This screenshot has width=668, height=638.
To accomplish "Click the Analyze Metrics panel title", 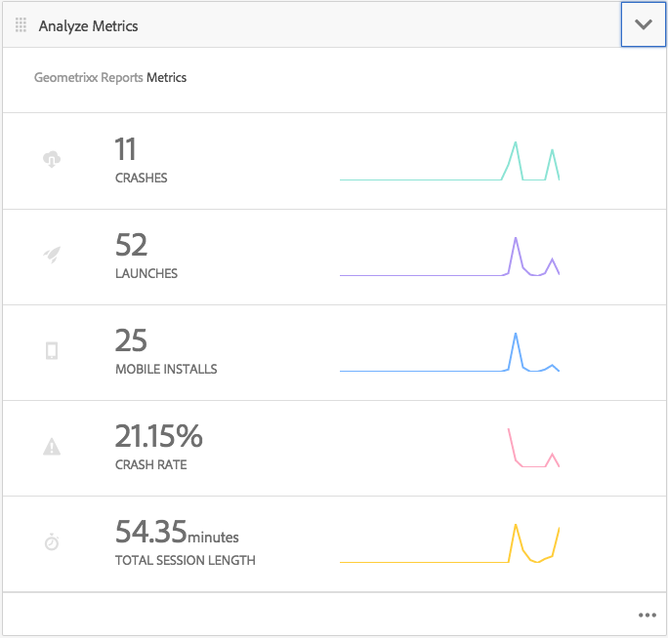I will tap(88, 25).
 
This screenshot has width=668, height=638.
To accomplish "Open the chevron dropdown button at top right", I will tap(643, 24).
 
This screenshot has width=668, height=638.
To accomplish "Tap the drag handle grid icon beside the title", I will tap(21, 25).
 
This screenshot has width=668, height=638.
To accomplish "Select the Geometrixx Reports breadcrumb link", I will tap(88, 77).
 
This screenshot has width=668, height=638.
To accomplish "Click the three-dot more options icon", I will tap(647, 615).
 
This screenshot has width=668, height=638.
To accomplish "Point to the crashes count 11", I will tap(126, 150).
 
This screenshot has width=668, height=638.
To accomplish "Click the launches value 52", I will tap(131, 245).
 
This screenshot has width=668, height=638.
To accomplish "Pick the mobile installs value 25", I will tap(131, 340).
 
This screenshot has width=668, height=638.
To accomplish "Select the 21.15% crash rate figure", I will tap(159, 435).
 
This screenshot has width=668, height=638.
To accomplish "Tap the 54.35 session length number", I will tap(150, 531).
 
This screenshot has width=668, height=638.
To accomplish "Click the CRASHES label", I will tap(141, 179).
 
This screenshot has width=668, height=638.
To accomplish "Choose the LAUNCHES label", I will tap(146, 274).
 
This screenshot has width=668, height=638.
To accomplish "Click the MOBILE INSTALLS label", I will tap(166, 370).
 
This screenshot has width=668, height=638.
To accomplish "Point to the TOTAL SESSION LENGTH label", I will tap(185, 561).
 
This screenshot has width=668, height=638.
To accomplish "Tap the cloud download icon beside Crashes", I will tap(52, 159).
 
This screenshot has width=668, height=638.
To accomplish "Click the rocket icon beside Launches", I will tap(52, 255).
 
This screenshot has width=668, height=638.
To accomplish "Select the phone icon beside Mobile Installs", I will tap(52, 350).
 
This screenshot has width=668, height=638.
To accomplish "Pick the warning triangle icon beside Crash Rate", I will tap(52, 447).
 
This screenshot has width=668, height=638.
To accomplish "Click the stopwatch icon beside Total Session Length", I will tap(52, 541).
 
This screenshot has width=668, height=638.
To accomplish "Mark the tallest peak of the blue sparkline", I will tap(516, 334).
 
